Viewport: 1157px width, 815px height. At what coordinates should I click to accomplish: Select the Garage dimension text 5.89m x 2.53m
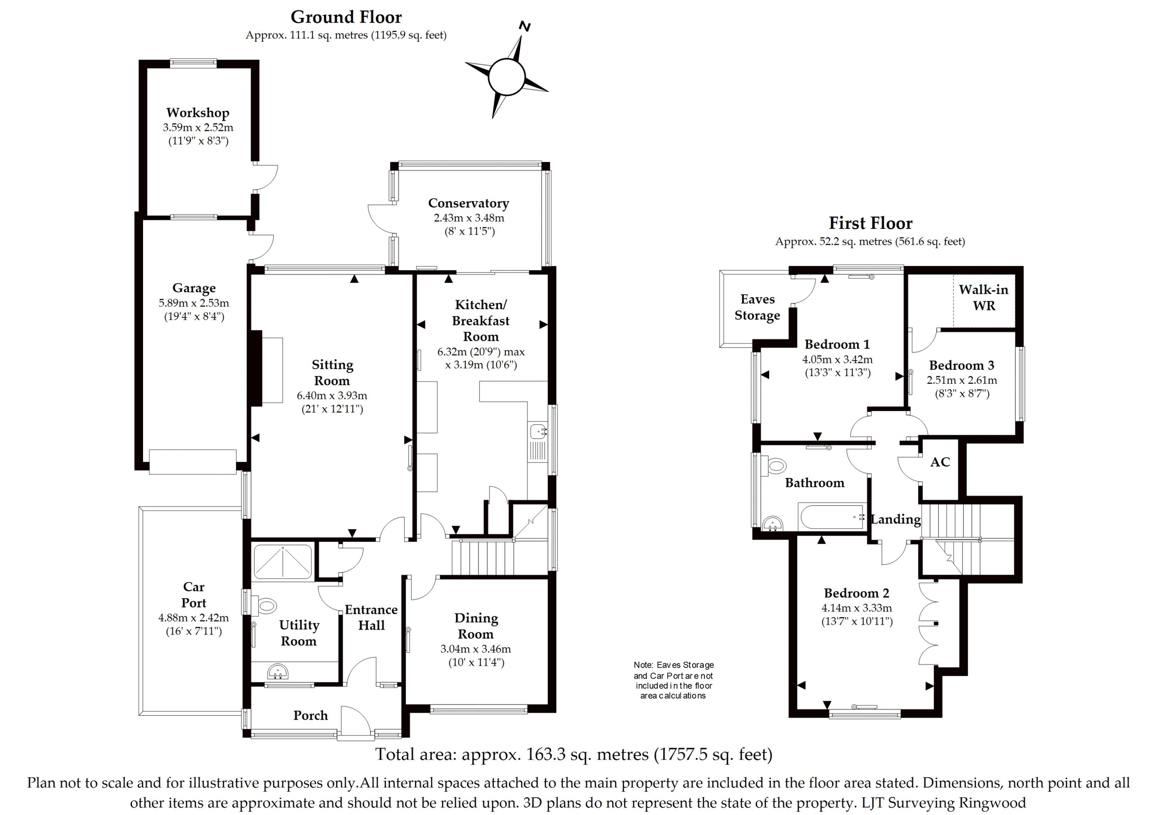(x=194, y=303)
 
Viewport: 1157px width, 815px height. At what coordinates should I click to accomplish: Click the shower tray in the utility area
(x=283, y=562)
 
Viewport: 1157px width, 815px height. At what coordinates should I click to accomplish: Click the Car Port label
(x=194, y=595)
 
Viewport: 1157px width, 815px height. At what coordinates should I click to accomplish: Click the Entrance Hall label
(x=371, y=617)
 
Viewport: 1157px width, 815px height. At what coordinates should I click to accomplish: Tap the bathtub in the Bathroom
(x=831, y=516)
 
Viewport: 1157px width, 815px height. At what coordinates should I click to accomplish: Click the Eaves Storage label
(x=757, y=307)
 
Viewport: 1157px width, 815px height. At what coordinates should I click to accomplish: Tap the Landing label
(x=895, y=519)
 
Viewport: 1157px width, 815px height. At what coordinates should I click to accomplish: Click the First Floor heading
(x=870, y=223)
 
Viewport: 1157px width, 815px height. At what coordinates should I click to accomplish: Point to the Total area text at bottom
(x=574, y=754)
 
